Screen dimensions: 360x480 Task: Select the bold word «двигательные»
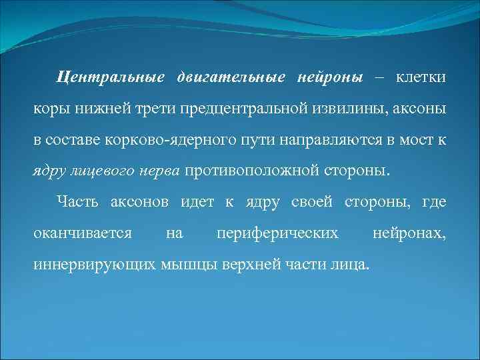[227, 78]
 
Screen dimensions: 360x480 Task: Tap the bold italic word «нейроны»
[325, 78]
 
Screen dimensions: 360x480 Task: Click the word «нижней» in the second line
[87, 109]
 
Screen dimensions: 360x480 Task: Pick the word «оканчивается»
[82, 233]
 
